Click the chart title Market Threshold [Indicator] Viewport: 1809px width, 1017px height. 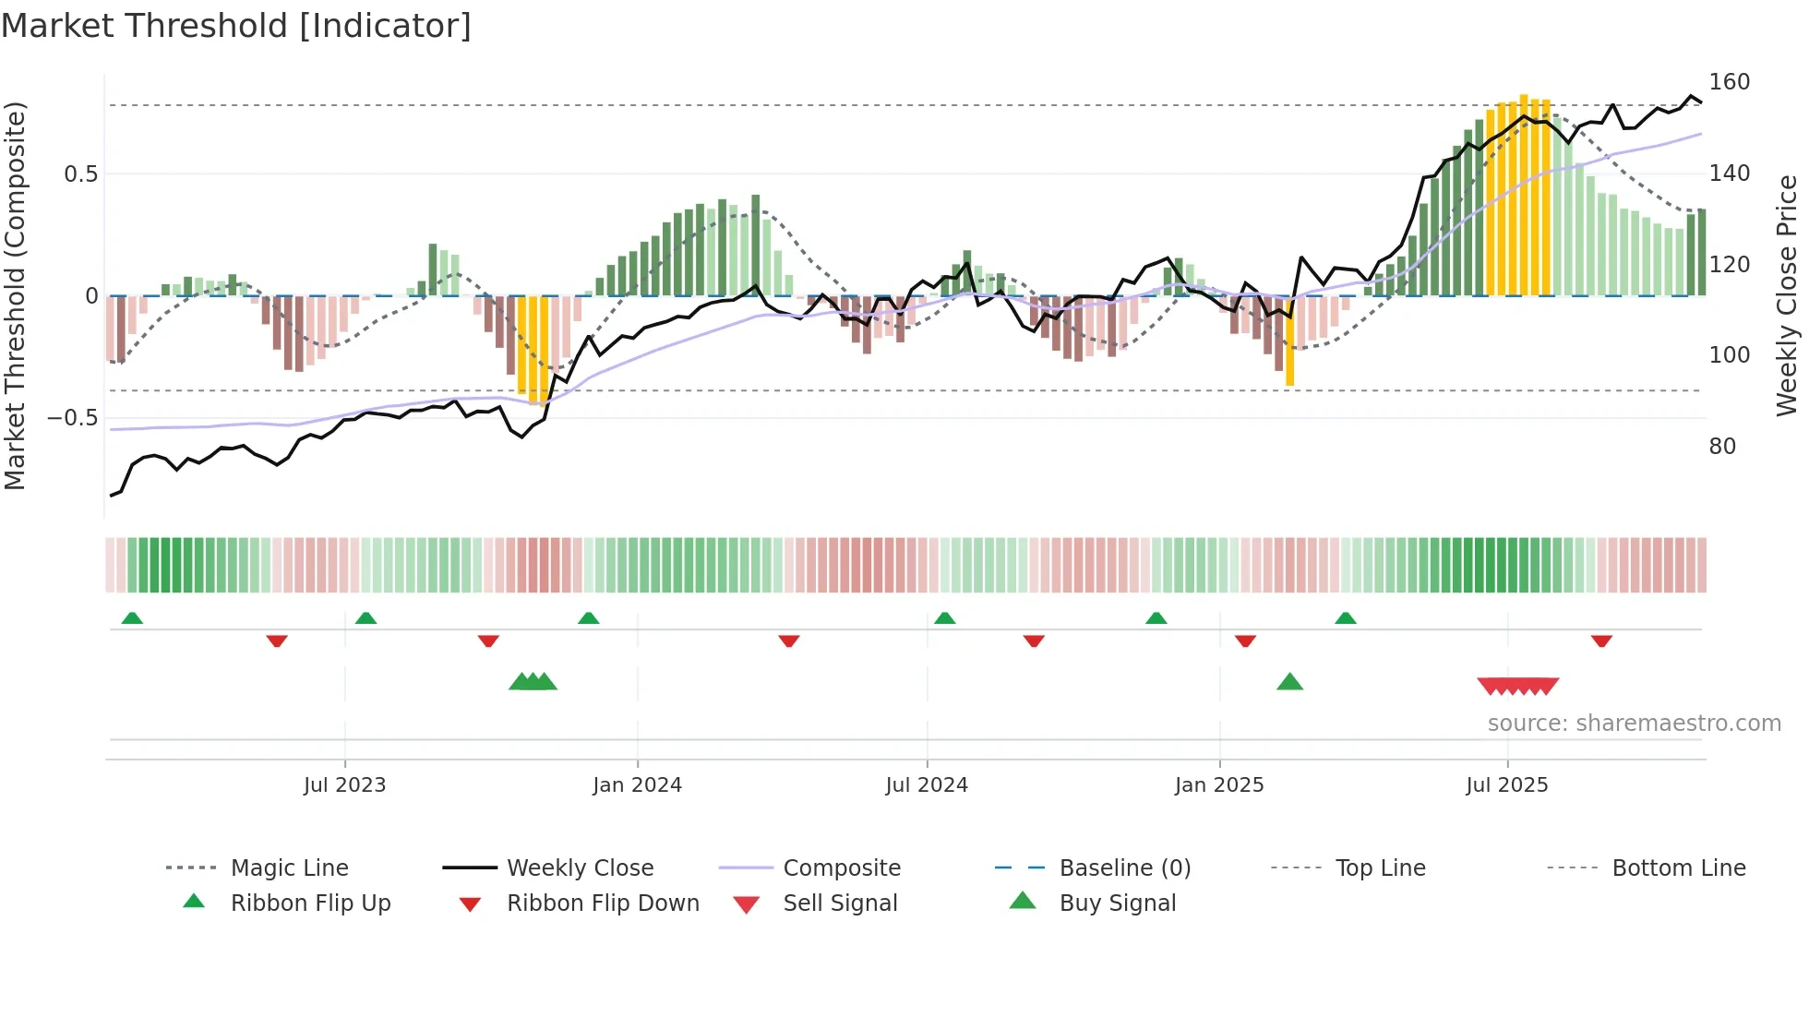tap(236, 26)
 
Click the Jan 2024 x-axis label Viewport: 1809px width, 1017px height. tap(637, 785)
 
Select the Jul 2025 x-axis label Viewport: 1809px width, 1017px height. tap(1506, 785)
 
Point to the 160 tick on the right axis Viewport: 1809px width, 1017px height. tap(1729, 82)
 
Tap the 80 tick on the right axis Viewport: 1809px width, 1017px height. tap(1722, 447)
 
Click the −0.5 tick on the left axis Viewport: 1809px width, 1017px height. tap(73, 418)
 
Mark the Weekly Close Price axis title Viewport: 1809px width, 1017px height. tap(1787, 295)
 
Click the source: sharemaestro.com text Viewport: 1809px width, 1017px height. tap(1634, 724)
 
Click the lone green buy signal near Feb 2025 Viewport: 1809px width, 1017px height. tap(1289, 682)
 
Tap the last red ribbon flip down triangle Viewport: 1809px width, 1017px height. tap(1601, 640)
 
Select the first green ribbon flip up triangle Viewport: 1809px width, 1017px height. tap(132, 618)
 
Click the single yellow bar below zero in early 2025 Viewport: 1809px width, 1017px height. tap(1289, 341)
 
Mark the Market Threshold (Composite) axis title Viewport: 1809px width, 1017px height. tap(16, 295)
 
